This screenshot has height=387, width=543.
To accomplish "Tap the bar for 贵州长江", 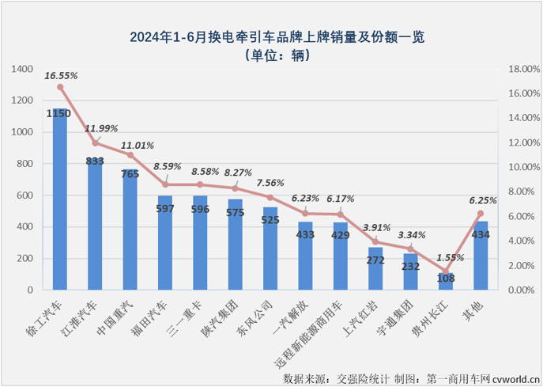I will click(445, 282).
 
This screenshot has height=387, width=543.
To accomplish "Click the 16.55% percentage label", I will click(61, 76).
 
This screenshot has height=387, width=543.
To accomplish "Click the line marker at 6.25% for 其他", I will click(480, 214).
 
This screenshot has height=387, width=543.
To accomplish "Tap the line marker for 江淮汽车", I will click(95, 143).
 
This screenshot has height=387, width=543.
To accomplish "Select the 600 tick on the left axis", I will click(27, 195).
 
